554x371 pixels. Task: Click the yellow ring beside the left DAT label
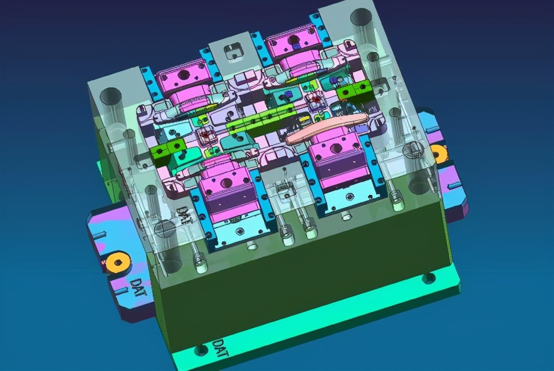point(117,262)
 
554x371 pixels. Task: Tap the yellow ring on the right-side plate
point(439,154)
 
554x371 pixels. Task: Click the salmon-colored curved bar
point(326,128)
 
